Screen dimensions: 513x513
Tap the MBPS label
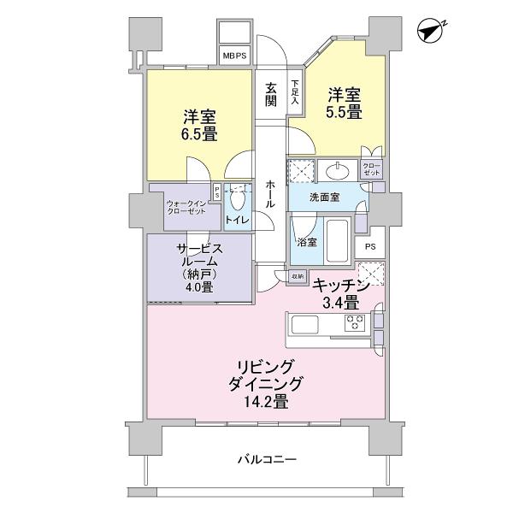click(234, 56)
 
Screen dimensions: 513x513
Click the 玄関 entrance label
click(271, 94)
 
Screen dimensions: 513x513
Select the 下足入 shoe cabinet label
click(295, 92)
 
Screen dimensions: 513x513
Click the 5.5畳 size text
click(343, 112)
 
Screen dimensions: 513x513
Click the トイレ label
click(237, 221)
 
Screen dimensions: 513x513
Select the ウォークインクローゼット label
click(186, 208)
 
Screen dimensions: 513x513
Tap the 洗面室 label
click(324, 197)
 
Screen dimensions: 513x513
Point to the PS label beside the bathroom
click(369, 247)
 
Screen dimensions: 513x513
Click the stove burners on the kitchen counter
click(356, 323)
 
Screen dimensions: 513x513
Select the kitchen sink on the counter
click(305, 324)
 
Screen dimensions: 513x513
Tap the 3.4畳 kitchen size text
click(339, 302)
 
